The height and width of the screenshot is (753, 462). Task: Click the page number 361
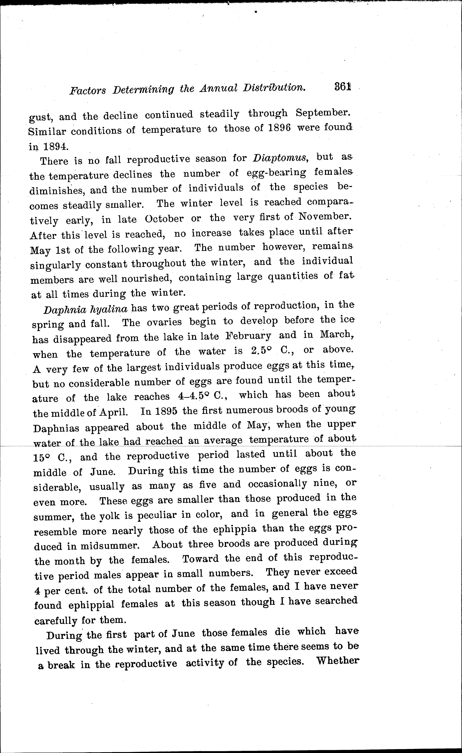coord(342,87)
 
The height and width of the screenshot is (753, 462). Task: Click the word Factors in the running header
coord(88,90)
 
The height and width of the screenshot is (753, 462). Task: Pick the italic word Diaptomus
coord(280,158)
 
